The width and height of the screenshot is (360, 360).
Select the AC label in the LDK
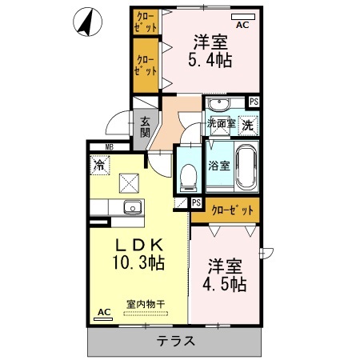click(x=102, y=313)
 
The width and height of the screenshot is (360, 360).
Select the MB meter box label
click(x=108, y=146)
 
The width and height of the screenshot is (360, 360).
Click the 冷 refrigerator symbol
click(x=99, y=166)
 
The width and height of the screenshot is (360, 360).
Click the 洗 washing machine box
click(x=248, y=125)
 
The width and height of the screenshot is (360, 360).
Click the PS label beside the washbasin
click(x=254, y=102)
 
